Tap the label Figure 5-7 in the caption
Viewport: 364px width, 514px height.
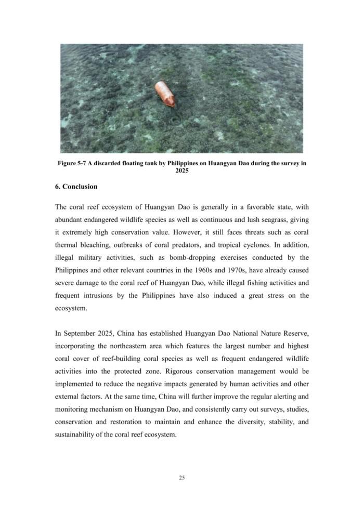click(71, 163)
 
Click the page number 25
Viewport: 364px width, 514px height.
click(181, 478)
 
